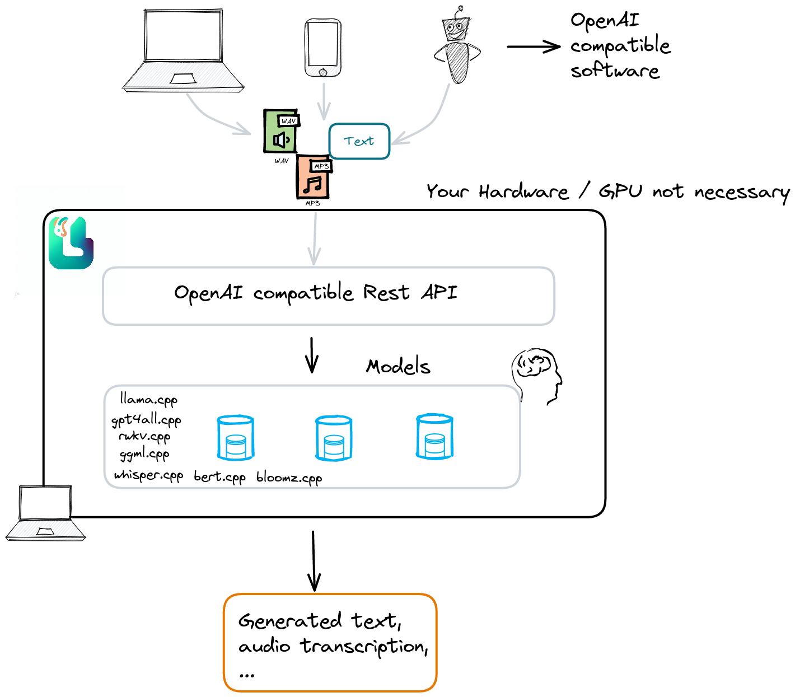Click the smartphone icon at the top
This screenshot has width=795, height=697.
[x=323, y=48]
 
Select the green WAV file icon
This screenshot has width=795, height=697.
[x=281, y=132]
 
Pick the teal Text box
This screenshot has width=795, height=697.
[x=359, y=141]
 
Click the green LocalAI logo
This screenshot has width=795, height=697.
[x=71, y=243]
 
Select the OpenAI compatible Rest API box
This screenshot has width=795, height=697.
[x=329, y=296]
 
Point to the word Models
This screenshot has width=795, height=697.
[x=398, y=366]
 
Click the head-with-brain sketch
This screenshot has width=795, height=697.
[x=536, y=375]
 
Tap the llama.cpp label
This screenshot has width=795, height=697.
[x=148, y=400]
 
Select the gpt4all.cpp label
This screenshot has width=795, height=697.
[x=146, y=420]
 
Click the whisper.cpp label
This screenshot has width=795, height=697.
[x=148, y=475]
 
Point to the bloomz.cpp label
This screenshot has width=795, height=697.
[x=289, y=478]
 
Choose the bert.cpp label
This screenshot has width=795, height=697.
[x=219, y=477]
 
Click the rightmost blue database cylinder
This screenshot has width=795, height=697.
[x=434, y=437]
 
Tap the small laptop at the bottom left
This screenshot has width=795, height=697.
[x=46, y=513]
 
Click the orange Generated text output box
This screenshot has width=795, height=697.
[x=330, y=642]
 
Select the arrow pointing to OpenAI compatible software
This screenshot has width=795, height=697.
[x=533, y=46]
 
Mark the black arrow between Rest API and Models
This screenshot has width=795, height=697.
[x=312, y=355]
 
